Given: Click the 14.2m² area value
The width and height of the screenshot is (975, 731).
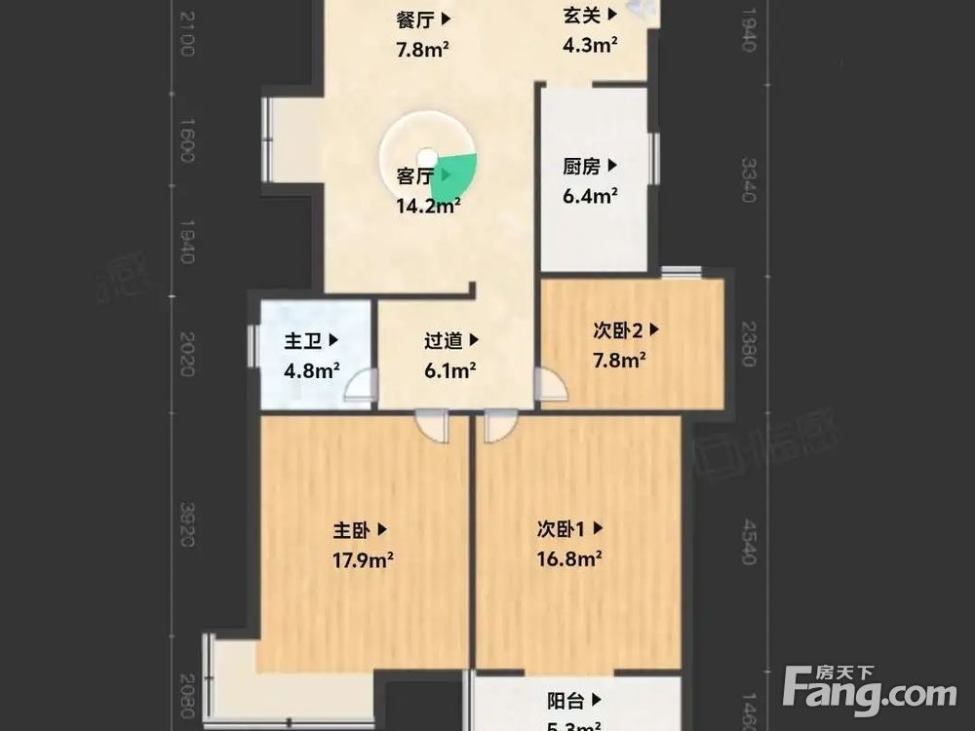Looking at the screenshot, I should (427, 206).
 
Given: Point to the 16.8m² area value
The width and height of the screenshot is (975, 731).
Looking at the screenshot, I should (569, 559).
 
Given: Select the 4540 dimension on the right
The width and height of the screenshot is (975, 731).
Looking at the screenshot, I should (748, 541).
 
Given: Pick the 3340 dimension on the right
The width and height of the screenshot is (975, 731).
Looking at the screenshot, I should (748, 180).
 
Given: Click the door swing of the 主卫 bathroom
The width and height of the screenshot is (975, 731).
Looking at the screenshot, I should (362, 388).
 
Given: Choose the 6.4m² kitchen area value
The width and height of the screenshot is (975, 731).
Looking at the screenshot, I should (589, 197).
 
